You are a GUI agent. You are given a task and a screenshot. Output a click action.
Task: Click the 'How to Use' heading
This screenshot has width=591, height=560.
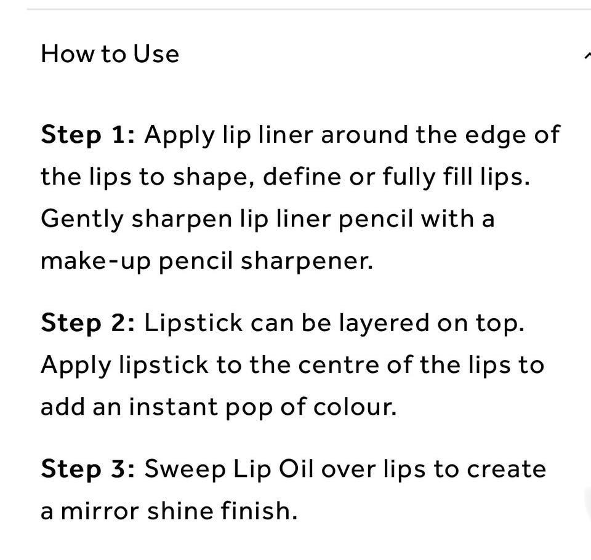pos(110,54)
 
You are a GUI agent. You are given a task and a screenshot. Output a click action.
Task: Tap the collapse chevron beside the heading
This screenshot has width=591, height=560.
pos(587,56)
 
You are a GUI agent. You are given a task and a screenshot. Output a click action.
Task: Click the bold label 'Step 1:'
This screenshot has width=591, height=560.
pos(87,135)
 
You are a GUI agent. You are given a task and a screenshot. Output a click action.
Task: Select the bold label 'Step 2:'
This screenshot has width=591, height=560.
pos(87,324)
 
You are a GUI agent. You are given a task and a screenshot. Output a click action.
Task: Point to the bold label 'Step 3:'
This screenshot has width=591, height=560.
pos(87,470)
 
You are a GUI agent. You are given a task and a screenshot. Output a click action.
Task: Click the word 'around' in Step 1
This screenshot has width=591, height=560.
pos(364,135)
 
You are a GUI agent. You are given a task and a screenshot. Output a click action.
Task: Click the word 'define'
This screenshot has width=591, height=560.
pos(302,177)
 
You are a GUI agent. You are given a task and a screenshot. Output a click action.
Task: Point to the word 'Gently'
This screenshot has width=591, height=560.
pos(82,219)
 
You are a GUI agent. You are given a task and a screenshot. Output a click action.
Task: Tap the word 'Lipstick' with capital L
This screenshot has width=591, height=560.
pos(193,324)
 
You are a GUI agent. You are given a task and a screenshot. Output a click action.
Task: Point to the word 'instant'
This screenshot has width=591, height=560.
pos(174,407)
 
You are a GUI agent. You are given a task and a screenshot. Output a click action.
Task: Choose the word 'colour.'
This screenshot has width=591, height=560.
pos(355,407)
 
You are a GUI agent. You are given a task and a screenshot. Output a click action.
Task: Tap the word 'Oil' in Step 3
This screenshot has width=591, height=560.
pos(296,469)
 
